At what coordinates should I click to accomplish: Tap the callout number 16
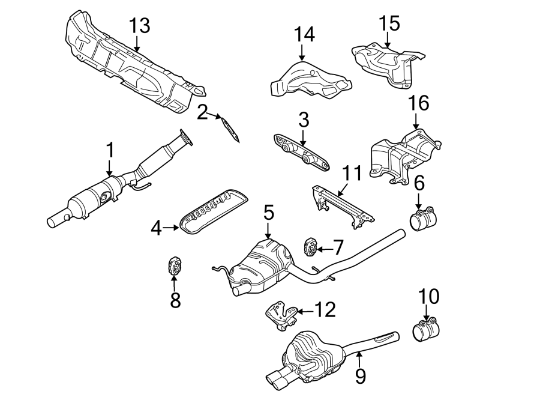coord(419,104)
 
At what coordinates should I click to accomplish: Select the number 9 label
coord(359,377)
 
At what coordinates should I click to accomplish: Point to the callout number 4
coord(156,228)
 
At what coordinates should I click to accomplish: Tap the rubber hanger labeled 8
coord(173,266)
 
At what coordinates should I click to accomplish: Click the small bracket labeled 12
coord(280,316)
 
